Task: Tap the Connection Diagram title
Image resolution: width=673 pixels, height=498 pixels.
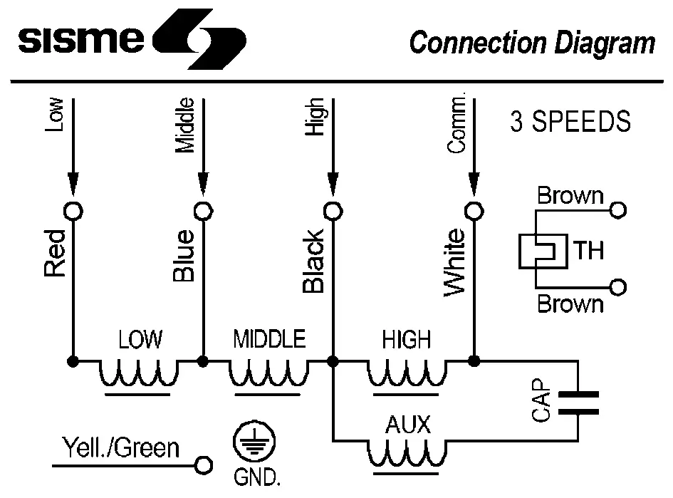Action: (531, 43)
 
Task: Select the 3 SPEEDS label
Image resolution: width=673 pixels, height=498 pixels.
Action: (570, 122)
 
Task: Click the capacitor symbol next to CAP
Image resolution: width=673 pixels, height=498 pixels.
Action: (578, 403)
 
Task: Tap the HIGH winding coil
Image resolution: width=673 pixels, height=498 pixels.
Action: (407, 373)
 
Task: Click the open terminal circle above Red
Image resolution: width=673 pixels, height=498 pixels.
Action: (73, 211)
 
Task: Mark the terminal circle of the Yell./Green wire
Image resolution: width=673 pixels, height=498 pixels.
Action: (204, 465)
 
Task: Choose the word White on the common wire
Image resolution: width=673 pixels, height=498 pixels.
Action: (454, 261)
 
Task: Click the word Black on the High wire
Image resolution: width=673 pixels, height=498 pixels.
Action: (313, 261)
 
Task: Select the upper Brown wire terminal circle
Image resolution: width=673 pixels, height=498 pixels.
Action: (618, 210)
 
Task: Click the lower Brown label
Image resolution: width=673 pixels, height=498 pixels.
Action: (570, 305)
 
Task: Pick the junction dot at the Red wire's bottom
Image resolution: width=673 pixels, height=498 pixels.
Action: (73, 361)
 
